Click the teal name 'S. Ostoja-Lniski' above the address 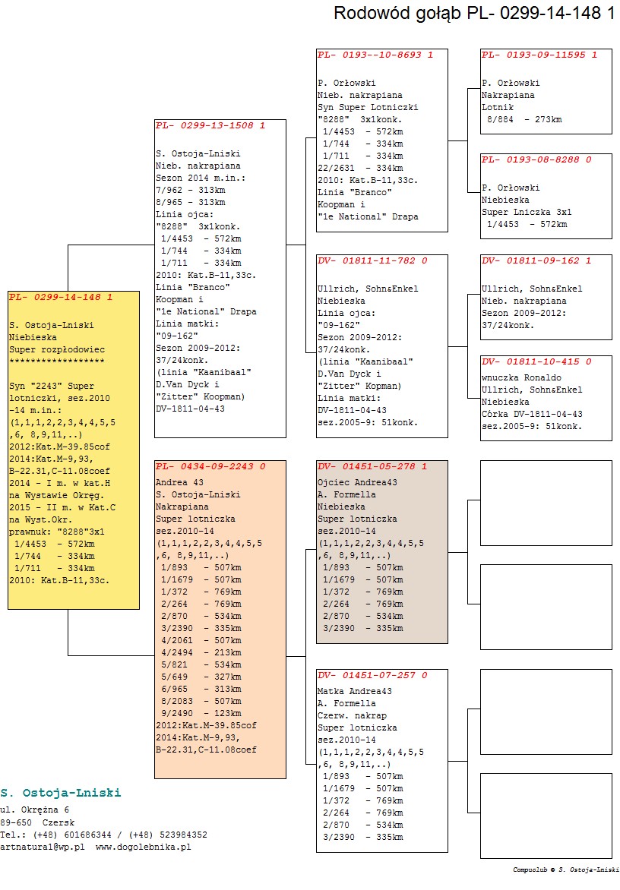[x=61, y=793]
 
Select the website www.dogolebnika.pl [x=143, y=847]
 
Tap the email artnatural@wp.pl [x=43, y=847]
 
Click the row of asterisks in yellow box [x=57, y=361]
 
